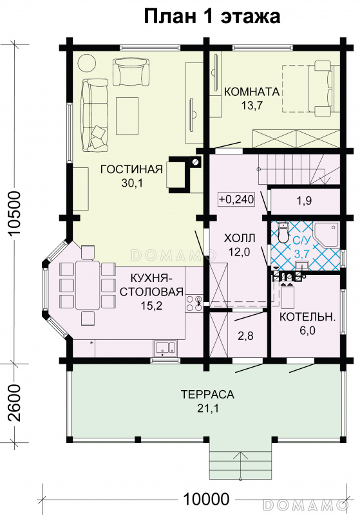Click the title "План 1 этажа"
(x=212, y=17)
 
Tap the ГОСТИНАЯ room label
(x=132, y=169)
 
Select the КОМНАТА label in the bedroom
(x=252, y=91)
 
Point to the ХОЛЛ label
(x=240, y=238)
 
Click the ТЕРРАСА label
(x=207, y=394)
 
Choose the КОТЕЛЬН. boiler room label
(x=307, y=317)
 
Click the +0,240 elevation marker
(x=236, y=199)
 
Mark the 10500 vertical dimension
(x=15, y=213)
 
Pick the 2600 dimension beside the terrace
(x=15, y=403)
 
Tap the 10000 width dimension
(x=205, y=500)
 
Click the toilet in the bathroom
(x=283, y=232)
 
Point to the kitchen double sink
(x=166, y=348)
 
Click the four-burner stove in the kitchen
(x=194, y=303)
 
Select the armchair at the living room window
(x=131, y=72)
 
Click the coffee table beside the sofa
(x=127, y=116)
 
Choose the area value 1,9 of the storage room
(x=304, y=201)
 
